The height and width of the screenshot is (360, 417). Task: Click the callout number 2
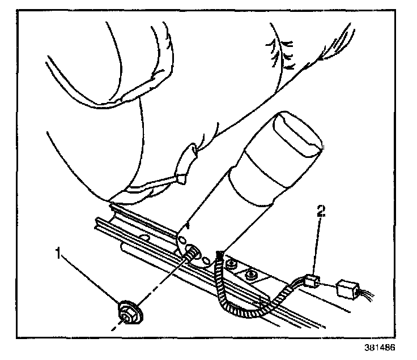(321, 212)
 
